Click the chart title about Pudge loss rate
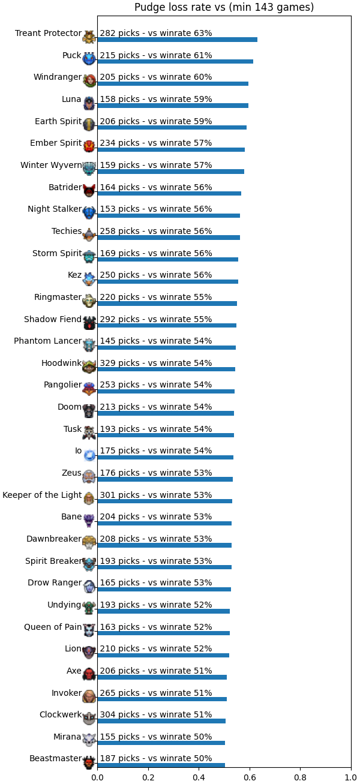coord(224,7)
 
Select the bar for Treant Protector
coord(177,40)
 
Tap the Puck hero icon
coord(89,58)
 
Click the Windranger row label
coord(58,77)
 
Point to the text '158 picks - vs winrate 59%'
coord(156,99)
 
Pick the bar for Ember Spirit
coord(171,149)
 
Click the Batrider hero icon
coord(89,190)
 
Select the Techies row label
coord(67,231)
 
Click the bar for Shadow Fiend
coord(167,326)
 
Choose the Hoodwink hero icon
coord(89,367)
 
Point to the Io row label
coord(78,451)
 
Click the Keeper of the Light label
coord(42,495)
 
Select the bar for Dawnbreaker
coord(164,545)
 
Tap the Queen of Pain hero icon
coord(89,630)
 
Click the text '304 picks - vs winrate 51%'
coord(156,714)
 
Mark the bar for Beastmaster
coord(161,765)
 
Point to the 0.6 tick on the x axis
coord(250,777)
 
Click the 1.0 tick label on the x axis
coord(351,777)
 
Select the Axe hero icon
coord(89,674)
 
